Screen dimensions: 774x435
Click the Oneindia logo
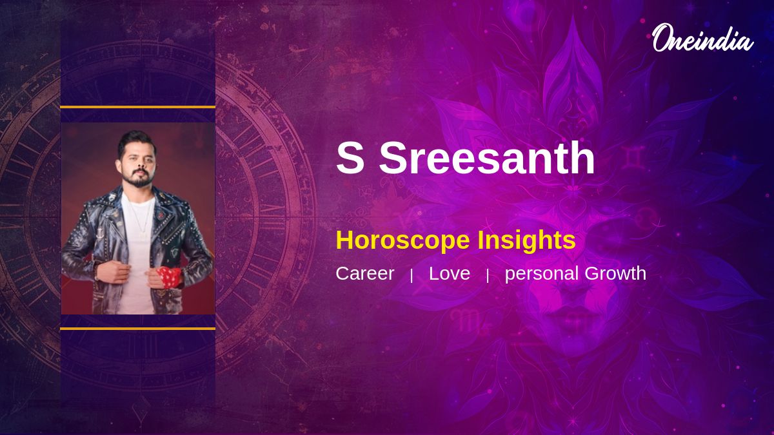click(703, 38)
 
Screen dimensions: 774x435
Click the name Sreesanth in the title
click(487, 158)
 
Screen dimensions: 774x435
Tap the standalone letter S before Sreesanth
click(350, 159)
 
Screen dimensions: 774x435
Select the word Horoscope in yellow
click(402, 240)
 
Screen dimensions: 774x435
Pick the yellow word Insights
click(526, 240)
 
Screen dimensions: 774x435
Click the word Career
click(365, 273)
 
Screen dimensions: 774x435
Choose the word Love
click(450, 273)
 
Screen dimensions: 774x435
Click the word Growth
click(615, 273)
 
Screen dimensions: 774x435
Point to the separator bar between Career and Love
click(412, 276)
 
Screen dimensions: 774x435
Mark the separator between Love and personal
click(488, 276)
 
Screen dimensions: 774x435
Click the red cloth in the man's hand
click(169, 277)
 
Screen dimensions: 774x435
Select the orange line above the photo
click(138, 108)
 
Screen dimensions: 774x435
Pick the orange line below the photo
click(138, 329)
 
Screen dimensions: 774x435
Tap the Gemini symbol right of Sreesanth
click(635, 158)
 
